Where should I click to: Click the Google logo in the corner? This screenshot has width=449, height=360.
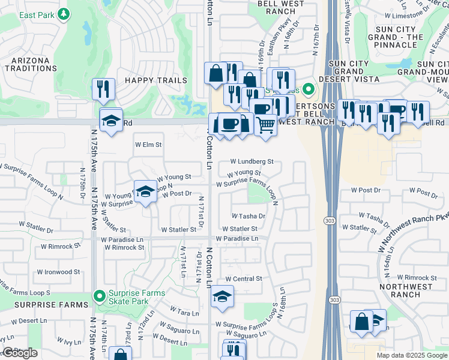[20, 353]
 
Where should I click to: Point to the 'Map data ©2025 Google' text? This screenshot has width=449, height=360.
[411, 355]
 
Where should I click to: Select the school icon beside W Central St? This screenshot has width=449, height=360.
[222, 297]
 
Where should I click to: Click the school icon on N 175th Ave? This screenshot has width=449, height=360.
[110, 120]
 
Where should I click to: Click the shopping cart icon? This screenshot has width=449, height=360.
[265, 125]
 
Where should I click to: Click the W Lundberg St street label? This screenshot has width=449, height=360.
[252, 161]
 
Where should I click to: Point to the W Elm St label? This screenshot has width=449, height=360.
[148, 145]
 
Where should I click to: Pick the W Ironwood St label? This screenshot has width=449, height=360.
[59, 272]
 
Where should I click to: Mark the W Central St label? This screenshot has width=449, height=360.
[244, 279]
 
